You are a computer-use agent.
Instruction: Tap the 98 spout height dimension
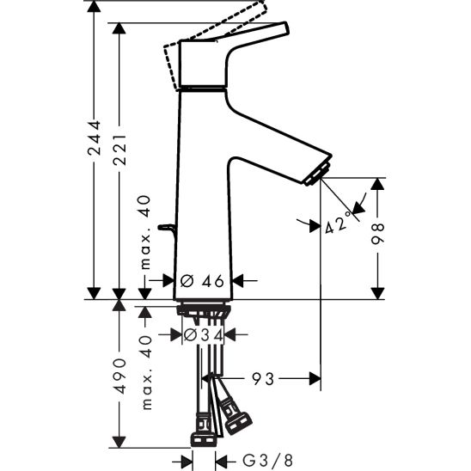(379, 234)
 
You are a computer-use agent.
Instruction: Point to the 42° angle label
(339, 225)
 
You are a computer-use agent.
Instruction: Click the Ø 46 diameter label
(203, 279)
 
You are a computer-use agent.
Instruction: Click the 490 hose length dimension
(119, 375)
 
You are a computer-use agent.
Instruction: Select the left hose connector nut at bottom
(204, 431)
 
